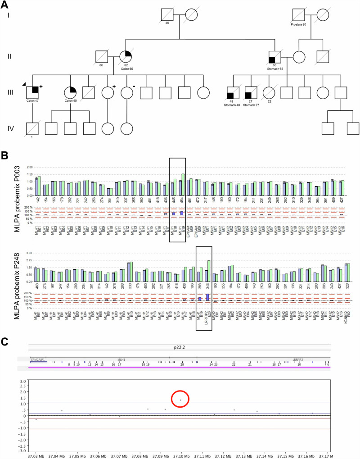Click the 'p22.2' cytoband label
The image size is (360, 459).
(x=180, y=348)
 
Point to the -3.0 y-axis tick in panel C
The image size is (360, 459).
(x=21, y=450)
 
